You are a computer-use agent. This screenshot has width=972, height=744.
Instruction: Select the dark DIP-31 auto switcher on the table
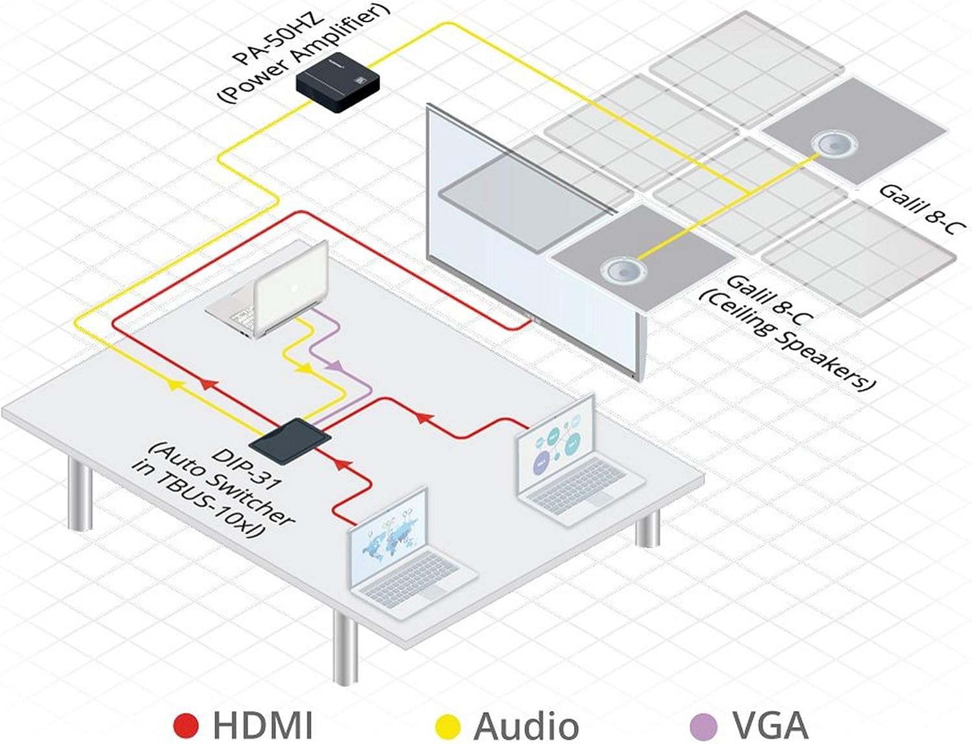[x=290, y=441]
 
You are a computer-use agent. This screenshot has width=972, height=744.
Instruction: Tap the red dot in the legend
[x=186, y=725]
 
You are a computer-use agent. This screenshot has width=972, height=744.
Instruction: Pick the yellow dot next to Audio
[x=448, y=725]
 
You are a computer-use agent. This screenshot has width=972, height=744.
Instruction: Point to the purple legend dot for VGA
[x=704, y=725]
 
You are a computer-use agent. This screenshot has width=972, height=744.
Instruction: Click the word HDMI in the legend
[x=262, y=725]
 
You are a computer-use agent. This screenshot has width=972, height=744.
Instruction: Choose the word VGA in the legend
[x=770, y=725]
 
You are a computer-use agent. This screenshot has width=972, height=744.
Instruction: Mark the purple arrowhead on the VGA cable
[x=334, y=367]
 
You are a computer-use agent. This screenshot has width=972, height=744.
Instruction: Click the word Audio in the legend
[x=526, y=725]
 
